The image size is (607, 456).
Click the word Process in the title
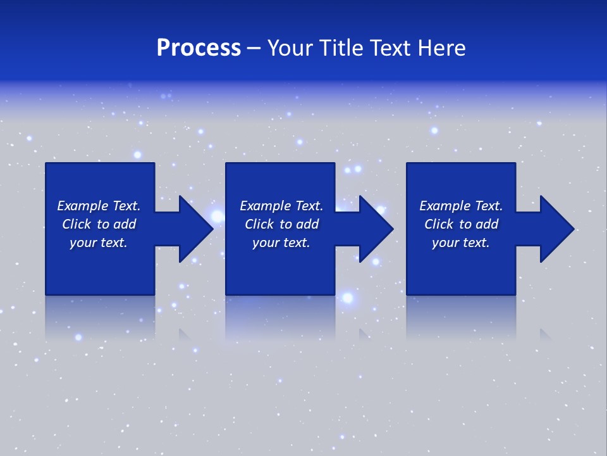tap(199, 48)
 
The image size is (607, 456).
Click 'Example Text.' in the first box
tap(99, 206)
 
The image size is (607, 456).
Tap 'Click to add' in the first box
tap(99, 224)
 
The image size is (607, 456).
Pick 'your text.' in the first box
tap(99, 243)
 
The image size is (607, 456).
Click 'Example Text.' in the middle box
tap(281, 206)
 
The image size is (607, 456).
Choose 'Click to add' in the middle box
tap(281, 224)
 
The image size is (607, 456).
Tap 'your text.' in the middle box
tap(281, 243)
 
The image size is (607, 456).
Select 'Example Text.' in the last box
tap(461, 206)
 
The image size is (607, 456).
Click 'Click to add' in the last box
tap(461, 224)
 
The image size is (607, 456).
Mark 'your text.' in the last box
tap(461, 243)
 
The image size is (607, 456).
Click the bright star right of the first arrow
tap(217, 217)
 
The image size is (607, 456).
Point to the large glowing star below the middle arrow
tap(347, 298)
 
